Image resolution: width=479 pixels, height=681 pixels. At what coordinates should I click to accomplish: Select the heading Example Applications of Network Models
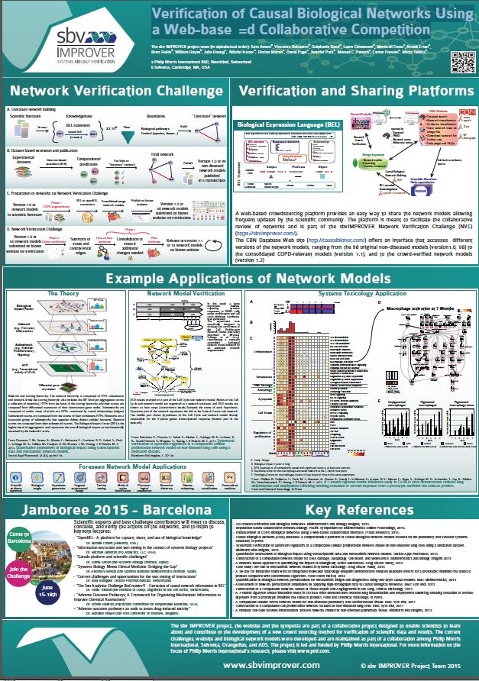(x=239, y=278)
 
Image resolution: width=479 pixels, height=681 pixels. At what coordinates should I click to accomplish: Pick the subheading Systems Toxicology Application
(x=367, y=293)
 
